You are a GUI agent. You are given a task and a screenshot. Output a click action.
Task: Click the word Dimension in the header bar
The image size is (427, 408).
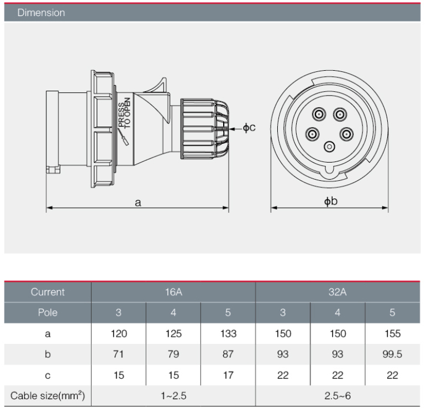[41, 13]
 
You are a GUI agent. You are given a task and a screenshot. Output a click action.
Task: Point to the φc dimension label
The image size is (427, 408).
[249, 128]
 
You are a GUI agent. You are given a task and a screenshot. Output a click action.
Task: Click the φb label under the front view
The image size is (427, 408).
[331, 202]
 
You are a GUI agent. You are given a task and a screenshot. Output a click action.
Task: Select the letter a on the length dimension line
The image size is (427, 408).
[138, 202]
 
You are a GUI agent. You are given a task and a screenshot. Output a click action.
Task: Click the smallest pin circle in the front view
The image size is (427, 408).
[330, 147]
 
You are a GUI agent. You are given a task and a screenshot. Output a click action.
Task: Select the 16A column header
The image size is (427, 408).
[173, 292]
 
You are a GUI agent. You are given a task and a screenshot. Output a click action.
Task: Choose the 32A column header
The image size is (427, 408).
[337, 292]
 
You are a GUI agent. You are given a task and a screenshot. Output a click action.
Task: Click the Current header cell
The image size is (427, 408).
[48, 292]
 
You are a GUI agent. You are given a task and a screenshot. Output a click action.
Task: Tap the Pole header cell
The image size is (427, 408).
[48, 312]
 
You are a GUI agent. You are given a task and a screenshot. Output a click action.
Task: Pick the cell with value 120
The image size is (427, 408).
[118, 333]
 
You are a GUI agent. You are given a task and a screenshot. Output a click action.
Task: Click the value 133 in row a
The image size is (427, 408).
[228, 333]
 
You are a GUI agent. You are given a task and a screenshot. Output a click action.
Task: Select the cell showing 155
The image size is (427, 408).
[392, 333]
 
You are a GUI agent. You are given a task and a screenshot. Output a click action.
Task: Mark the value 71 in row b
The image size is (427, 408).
[118, 354]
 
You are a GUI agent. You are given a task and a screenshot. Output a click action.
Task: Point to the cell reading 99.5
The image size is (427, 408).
[392, 354]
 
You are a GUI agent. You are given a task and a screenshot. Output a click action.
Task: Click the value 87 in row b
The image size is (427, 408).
[228, 354]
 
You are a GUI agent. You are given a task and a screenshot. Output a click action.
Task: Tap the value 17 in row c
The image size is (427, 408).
[228, 375]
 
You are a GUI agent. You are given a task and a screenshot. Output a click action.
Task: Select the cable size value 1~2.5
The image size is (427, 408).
[173, 396]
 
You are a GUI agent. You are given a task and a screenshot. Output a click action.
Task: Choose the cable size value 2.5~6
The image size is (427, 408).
[337, 396]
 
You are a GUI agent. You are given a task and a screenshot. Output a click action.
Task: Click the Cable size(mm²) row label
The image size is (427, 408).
[48, 396]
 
